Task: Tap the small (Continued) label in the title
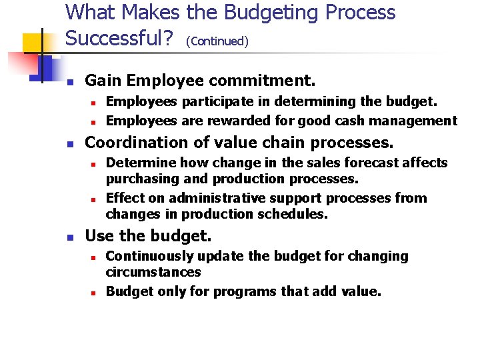pos(217,42)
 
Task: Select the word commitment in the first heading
pos(262,81)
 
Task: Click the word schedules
pos(299,215)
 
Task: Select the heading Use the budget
pos(148,235)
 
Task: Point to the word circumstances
pos(153,273)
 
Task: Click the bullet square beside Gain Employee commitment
pos(73,82)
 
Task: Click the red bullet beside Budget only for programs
pos(95,292)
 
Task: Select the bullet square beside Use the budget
pos(73,237)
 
